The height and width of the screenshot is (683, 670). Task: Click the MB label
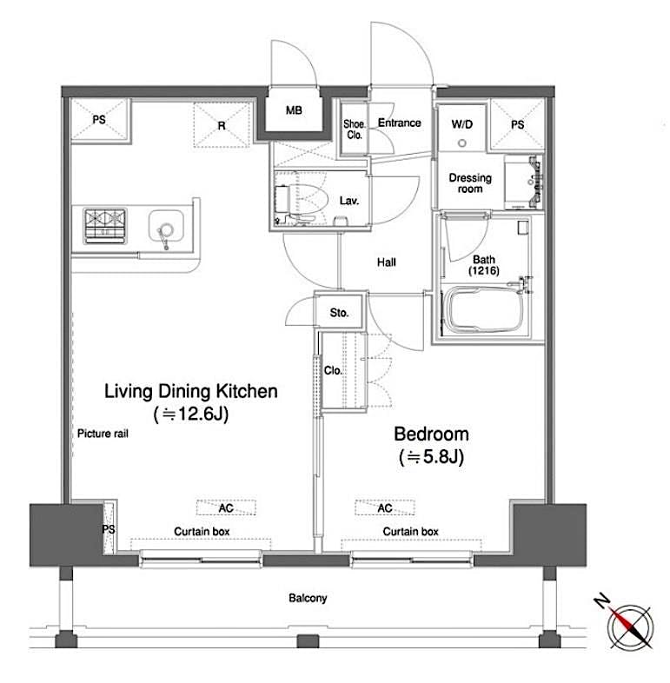(296, 110)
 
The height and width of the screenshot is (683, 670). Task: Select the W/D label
(462, 124)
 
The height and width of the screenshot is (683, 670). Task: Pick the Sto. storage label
(339, 313)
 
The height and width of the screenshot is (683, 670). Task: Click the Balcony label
(308, 598)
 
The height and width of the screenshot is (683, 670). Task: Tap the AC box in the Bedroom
(384, 507)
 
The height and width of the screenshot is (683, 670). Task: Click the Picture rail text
(103, 434)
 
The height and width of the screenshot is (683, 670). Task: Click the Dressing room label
(469, 183)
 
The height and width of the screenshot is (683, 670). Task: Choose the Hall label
(387, 262)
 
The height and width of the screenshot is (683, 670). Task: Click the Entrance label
(399, 123)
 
